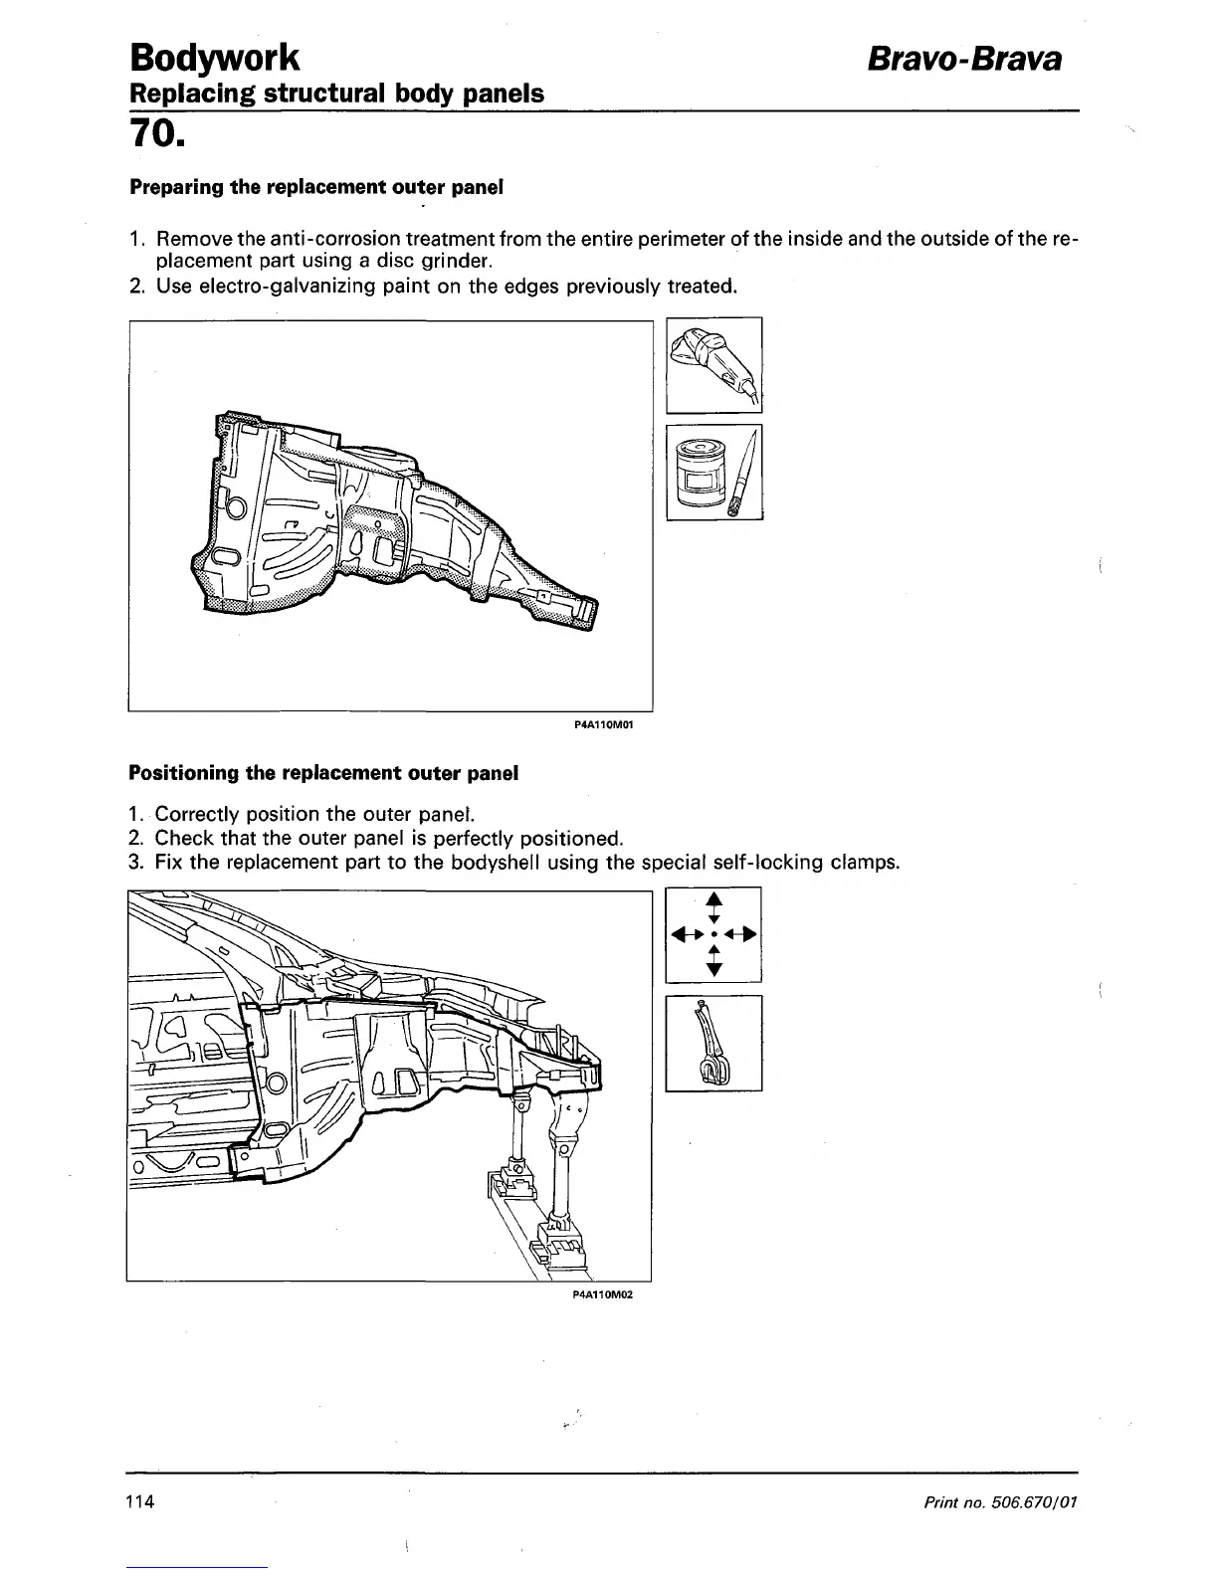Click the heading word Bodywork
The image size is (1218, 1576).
tap(214, 59)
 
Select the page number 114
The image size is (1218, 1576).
tap(139, 1501)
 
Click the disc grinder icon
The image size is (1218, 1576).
tap(713, 364)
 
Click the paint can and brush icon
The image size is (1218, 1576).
tap(713, 472)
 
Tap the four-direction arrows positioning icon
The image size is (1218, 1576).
tap(713, 934)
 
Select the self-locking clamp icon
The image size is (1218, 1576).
tap(713, 1043)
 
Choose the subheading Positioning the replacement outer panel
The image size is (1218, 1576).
tap(323, 773)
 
